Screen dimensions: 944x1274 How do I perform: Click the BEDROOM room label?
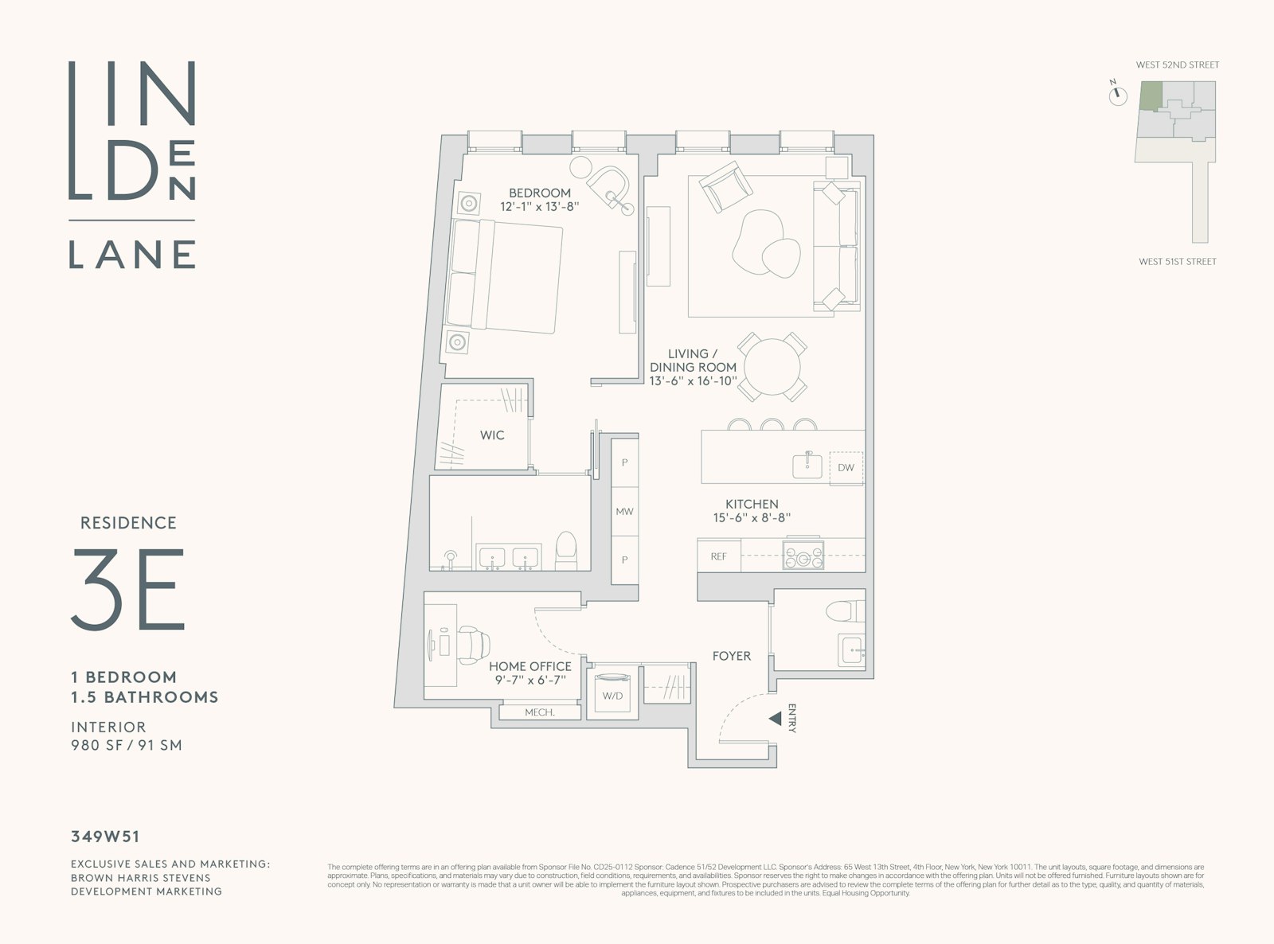pos(539,193)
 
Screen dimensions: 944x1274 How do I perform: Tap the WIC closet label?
pos(491,435)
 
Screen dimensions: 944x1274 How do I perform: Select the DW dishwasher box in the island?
pos(846,467)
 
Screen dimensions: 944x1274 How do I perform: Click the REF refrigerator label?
pos(718,556)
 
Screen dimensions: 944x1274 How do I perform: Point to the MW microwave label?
pos(624,511)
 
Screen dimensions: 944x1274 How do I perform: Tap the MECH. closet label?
pos(539,712)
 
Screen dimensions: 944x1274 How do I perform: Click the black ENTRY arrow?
pos(774,719)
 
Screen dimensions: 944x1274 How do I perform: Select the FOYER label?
pos(731,656)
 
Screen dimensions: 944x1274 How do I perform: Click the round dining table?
pos(769,367)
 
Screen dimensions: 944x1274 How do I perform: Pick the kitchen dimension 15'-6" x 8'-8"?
pos(752,518)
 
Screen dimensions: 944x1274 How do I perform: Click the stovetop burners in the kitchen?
pos(803,555)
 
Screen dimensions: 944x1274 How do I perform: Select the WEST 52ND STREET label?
pos(1177,64)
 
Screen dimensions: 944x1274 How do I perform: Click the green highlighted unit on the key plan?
pos(1149,96)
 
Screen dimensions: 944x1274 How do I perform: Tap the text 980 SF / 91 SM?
pos(127,745)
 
